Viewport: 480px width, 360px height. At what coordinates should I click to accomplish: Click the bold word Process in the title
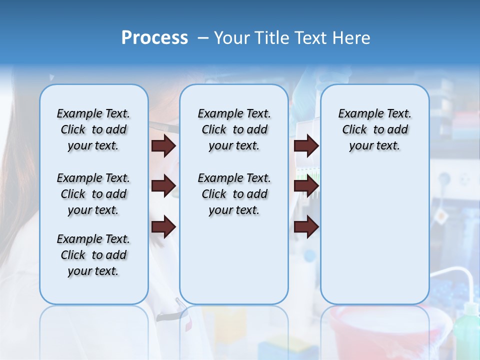154,38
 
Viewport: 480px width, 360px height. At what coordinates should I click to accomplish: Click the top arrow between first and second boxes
163,145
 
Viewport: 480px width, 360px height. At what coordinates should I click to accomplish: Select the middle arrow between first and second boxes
163,186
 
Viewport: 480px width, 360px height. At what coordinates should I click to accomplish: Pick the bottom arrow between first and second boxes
163,227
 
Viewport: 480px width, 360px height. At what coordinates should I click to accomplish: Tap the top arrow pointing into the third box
306,145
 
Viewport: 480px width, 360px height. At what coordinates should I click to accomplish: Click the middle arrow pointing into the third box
306,186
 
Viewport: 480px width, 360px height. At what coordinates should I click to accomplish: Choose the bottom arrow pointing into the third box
306,227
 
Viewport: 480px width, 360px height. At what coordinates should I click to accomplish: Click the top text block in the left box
93,129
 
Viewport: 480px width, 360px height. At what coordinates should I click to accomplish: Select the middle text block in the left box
93,194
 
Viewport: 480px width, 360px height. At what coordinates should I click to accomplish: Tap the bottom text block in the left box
93,255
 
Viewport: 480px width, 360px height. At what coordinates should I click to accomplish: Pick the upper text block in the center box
234,129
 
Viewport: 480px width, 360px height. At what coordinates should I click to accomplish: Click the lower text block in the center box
234,194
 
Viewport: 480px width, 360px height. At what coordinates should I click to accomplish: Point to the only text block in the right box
374,129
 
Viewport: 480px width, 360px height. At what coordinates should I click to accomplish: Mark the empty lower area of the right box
374,230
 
